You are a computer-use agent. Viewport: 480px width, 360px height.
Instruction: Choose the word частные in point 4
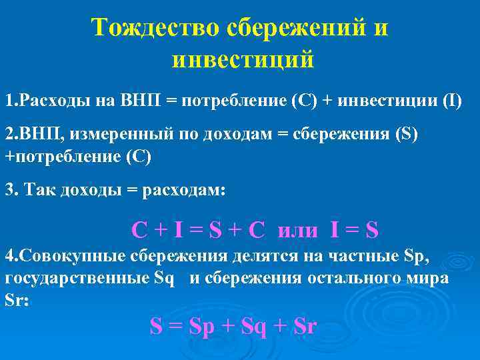(x=365, y=257)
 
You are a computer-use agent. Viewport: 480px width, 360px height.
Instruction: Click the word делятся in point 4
(x=266, y=257)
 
